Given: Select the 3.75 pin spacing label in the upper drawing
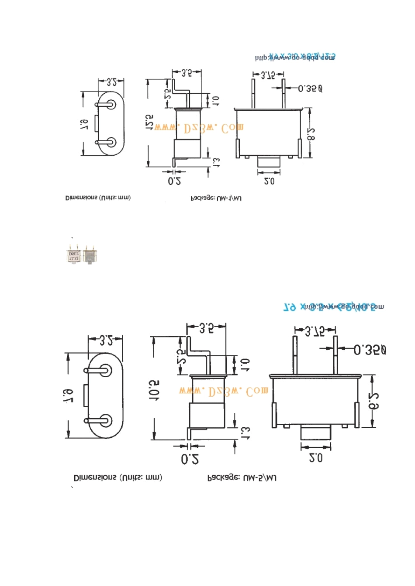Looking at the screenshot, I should [268, 75].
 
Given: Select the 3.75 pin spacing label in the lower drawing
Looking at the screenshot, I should [315, 332].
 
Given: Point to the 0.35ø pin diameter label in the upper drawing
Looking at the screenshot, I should [310, 89].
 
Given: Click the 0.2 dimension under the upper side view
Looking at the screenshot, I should [174, 181].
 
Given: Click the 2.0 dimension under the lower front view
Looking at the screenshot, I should [315, 457].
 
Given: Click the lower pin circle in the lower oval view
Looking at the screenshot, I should [105, 421].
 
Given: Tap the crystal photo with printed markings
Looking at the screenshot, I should [73, 255].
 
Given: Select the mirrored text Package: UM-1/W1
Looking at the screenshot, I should [216, 198].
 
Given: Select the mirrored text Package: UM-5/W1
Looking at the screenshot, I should [242, 478].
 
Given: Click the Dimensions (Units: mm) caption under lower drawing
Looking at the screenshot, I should [118, 477].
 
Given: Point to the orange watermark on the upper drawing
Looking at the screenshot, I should [199, 128].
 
